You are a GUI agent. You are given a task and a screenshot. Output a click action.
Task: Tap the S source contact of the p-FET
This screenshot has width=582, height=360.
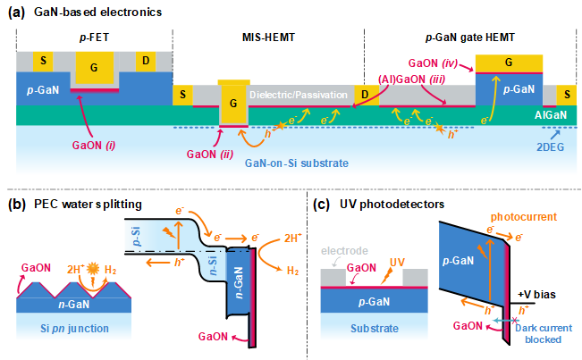tap(39, 61)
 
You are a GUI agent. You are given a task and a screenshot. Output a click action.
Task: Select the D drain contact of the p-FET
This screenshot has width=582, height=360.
tap(146, 61)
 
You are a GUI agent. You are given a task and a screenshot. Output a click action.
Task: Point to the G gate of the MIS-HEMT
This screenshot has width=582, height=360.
tap(233, 102)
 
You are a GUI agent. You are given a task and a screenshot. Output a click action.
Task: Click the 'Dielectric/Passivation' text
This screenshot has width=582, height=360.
tap(299, 93)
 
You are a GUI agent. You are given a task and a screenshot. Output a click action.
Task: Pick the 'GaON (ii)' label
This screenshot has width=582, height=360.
tap(207, 153)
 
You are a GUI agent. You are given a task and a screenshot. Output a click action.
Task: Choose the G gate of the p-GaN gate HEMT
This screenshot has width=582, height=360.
tap(510, 61)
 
